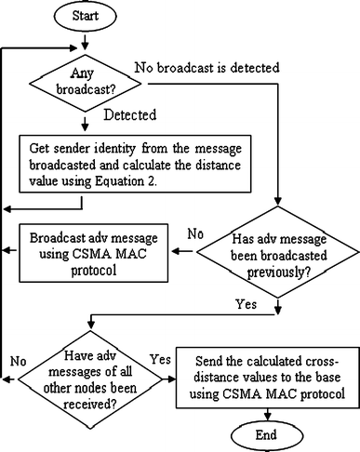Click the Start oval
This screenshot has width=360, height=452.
coord(86,17)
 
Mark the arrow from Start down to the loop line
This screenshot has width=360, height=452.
coord(86,37)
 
